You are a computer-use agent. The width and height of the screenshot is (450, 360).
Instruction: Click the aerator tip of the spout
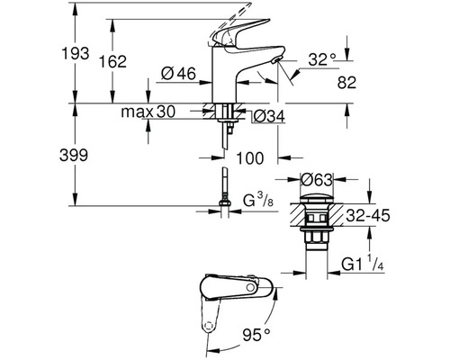click(275, 62)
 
